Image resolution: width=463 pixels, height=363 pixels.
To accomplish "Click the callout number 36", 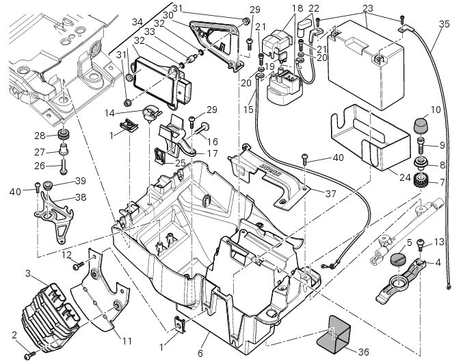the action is coord(363,352).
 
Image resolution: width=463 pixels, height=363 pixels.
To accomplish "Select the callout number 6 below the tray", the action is coord(200,353).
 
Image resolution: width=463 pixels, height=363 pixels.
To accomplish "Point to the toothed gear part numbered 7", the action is coord(421,179).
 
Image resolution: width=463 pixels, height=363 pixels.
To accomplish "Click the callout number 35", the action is coord(444,24).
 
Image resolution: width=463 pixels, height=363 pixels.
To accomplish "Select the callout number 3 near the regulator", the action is coord(28,273).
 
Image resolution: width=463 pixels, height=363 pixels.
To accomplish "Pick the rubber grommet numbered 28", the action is coord(63,134).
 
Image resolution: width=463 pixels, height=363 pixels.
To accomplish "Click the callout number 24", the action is coord(405,177).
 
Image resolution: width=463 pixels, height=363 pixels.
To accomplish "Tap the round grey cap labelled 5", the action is coord(398,259).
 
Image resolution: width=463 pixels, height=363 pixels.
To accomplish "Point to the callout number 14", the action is coord(110,113).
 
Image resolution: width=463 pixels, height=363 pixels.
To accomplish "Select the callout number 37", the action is coord(331,194).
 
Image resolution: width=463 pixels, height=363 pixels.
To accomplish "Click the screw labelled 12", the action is coord(79,265).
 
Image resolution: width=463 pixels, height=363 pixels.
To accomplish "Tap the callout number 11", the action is coord(127,341).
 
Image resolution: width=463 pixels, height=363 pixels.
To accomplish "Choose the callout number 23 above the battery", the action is coord(368,8).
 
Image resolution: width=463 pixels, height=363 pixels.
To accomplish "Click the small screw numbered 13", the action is coord(421,245).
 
